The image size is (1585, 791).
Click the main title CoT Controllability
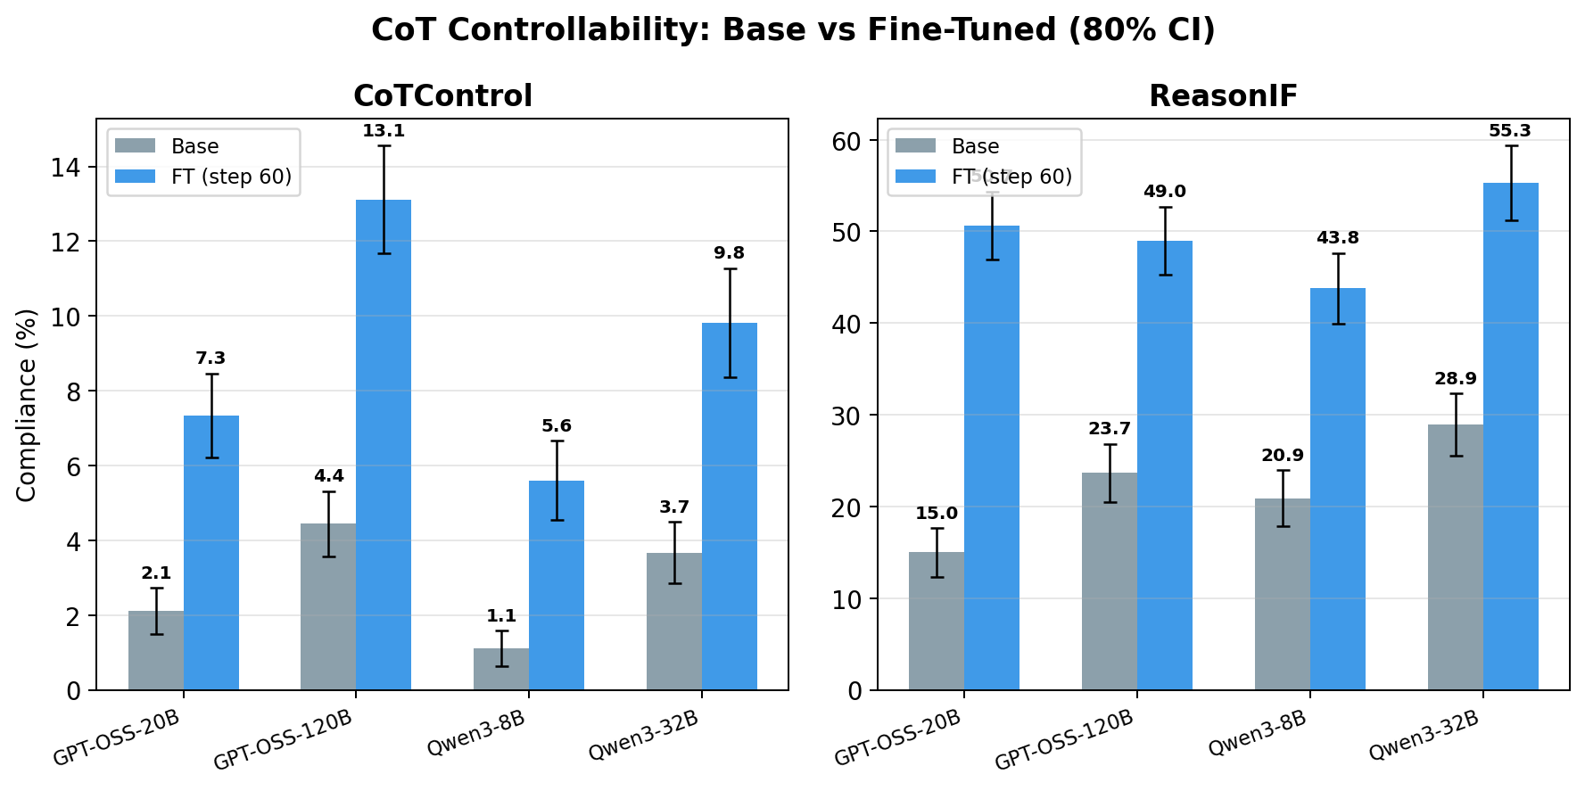[x=792, y=29]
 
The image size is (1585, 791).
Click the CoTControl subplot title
[x=442, y=95]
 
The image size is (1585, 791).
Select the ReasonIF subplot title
[x=1223, y=95]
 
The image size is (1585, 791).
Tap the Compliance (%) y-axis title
[x=27, y=405]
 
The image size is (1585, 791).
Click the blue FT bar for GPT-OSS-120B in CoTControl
[x=384, y=446]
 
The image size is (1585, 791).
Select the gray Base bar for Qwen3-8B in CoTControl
[x=501, y=669]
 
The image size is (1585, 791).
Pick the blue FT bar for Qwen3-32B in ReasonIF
[x=1510, y=437]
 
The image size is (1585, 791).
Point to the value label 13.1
[x=384, y=131]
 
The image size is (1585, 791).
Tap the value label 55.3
[x=1510, y=131]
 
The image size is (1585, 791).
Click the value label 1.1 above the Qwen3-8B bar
[x=501, y=615]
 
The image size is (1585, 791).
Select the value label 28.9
[x=1456, y=378]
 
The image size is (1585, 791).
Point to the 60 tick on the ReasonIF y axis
[x=847, y=141]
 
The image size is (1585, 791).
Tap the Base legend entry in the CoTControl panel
[x=194, y=146]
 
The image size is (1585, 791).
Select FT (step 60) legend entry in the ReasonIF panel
[x=1011, y=177]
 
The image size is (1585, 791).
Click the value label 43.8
[x=1338, y=238]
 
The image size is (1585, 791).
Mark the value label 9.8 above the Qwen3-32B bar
[x=729, y=253]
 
